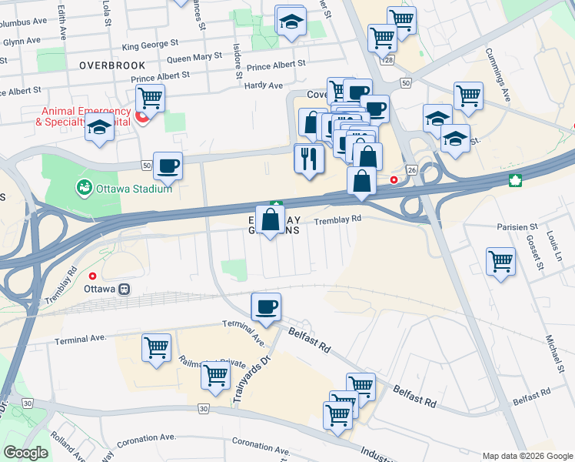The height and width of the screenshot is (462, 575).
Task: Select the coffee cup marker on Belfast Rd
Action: coord(266,307)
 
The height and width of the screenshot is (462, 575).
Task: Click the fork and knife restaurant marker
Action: coord(309,159)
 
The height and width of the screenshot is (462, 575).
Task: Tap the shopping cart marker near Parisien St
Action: coord(500,262)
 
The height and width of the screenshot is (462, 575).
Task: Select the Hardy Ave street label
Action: coord(264,85)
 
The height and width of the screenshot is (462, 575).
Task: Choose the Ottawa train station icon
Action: coord(123,290)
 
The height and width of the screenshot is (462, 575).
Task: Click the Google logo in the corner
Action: coord(25,453)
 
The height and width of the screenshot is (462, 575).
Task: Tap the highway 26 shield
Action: coord(412,169)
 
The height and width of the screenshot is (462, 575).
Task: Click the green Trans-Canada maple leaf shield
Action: coord(514,180)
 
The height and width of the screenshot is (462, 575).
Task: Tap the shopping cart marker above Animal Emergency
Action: coord(150,98)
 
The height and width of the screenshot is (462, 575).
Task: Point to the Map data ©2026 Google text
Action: coord(527,455)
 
